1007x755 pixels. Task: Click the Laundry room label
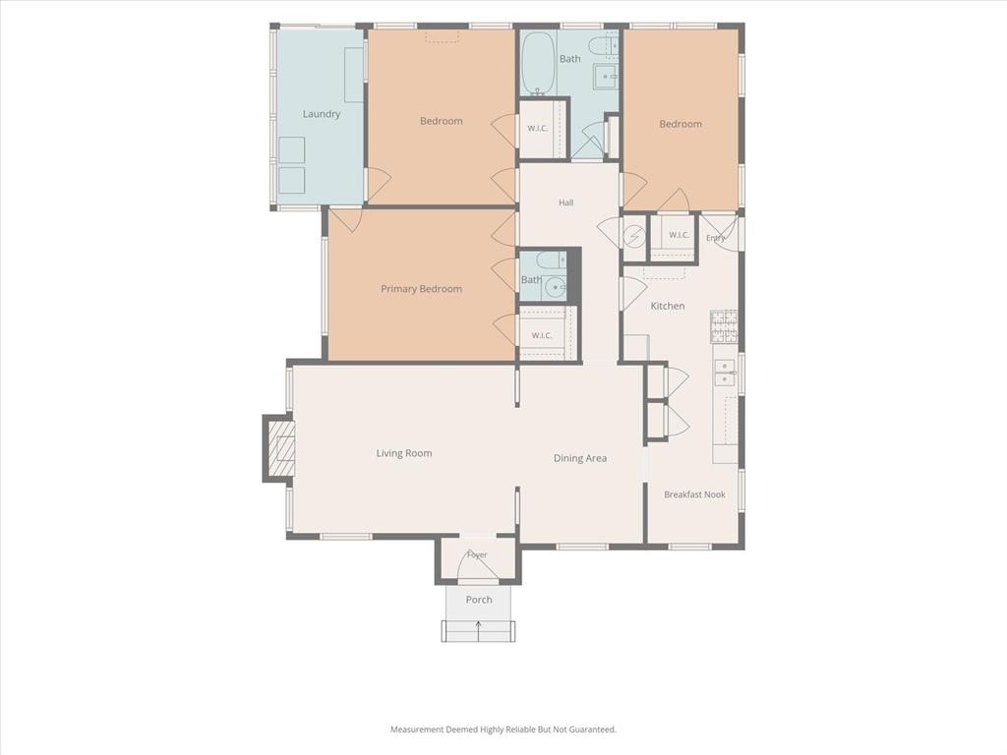pos(322,114)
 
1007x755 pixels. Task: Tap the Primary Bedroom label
pos(421,289)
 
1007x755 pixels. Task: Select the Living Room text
pos(404,453)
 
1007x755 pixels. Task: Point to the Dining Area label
pos(580,458)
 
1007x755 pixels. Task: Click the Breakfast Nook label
pos(694,494)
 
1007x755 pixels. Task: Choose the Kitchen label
pos(668,307)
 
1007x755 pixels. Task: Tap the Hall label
pos(565,203)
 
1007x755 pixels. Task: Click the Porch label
pos(479,600)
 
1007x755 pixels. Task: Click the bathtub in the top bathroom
pos(538,64)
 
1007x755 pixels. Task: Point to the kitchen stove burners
pos(724,326)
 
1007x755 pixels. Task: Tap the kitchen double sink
pos(725,373)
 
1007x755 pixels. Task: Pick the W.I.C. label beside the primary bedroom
pos(542,336)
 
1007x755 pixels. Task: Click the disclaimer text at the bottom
pos(503,729)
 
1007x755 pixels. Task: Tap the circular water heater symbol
pos(634,237)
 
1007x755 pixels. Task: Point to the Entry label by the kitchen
pos(715,238)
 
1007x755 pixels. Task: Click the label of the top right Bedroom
pos(681,124)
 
